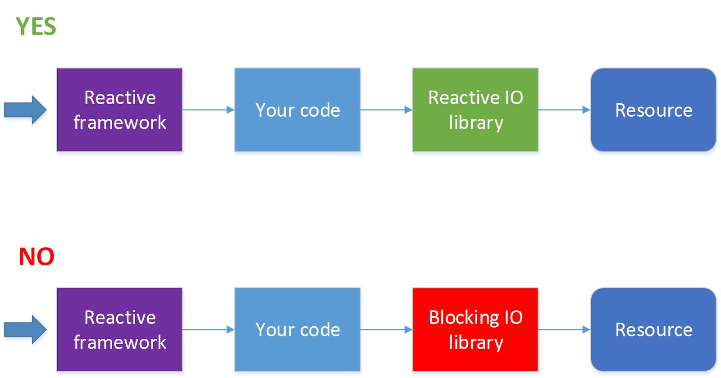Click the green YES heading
36,26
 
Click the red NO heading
37,257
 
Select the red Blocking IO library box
475,329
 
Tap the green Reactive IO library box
475,109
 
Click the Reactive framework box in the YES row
119,109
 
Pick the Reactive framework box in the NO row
119,329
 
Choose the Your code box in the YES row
297,109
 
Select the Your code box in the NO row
297,329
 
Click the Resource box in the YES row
653,109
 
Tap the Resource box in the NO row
653,329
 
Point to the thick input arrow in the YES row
25,109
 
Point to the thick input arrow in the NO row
25,329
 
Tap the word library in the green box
476,123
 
